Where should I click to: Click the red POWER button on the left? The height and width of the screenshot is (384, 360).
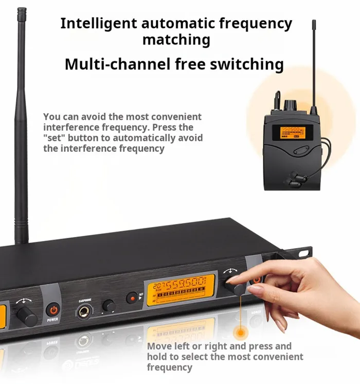[53, 310]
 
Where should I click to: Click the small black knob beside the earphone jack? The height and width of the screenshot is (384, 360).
[108, 305]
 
